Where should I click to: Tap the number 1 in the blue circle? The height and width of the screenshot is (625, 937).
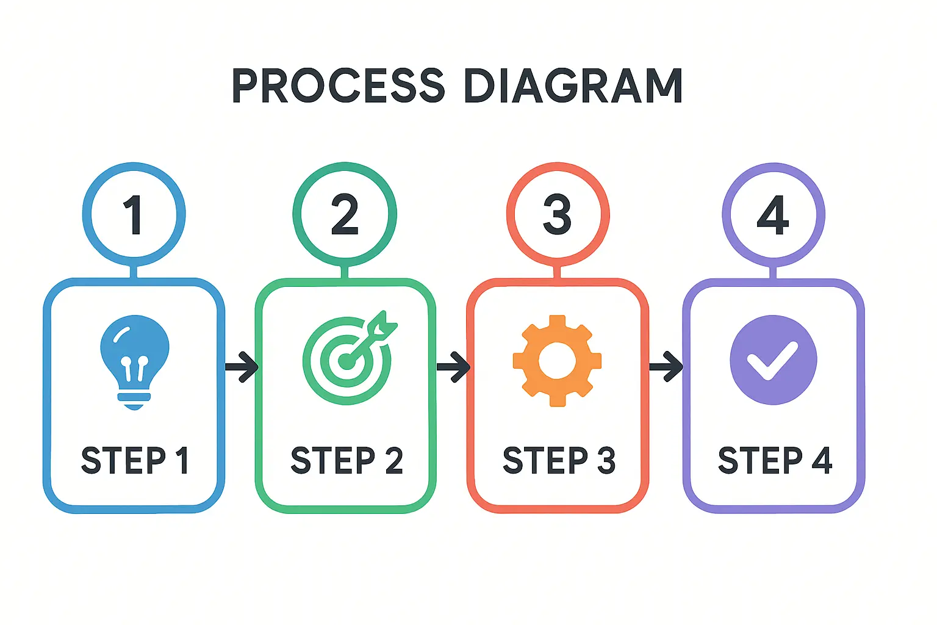click(134, 215)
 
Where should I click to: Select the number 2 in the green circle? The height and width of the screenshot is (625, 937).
click(345, 215)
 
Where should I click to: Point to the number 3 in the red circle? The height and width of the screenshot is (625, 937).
click(557, 215)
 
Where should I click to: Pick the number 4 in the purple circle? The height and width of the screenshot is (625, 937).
click(773, 215)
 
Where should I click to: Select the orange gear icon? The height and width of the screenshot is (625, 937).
click(557, 360)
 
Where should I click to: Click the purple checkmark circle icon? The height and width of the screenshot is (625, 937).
click(773, 359)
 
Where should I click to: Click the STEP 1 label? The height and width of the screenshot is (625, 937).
click(134, 461)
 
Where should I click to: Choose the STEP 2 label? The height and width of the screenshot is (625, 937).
click(346, 461)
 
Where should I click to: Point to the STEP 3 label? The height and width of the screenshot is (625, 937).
click(559, 461)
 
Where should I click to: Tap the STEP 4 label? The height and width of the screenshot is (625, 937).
click(775, 461)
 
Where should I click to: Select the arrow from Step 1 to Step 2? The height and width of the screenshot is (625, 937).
click(242, 367)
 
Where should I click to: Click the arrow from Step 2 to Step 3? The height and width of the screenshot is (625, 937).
click(453, 367)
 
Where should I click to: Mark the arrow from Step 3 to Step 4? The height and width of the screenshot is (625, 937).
click(666, 367)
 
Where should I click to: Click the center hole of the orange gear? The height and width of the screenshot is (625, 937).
click(557, 360)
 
